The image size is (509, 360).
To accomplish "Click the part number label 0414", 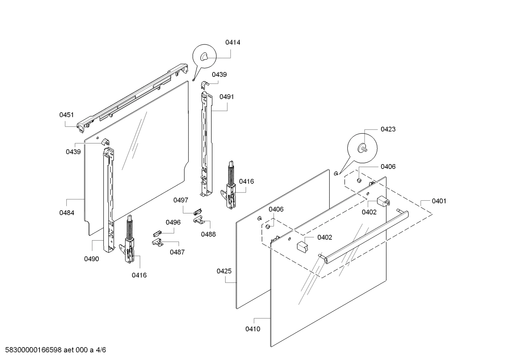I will click(x=233, y=42).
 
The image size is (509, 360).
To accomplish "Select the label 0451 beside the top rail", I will click(x=66, y=114).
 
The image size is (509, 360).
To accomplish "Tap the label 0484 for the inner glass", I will click(x=67, y=213).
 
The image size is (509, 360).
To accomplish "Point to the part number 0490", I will click(x=91, y=259).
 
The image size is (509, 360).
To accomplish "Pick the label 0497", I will click(x=180, y=200).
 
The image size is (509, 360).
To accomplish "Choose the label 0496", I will click(x=173, y=222).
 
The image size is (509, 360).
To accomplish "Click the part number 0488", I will click(x=208, y=234).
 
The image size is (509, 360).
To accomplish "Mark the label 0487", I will click(x=177, y=252).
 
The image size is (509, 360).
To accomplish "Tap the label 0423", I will click(x=388, y=129).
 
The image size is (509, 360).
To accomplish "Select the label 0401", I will click(x=439, y=201).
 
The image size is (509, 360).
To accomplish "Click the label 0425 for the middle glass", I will click(x=224, y=271).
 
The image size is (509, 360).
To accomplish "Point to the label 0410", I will click(x=253, y=329).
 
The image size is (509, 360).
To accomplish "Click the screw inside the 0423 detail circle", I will click(x=363, y=148).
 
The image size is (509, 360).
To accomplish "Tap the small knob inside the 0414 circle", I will click(x=204, y=57).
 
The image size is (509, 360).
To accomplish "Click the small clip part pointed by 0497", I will click(x=197, y=212).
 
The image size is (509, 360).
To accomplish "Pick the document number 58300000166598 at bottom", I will click(x=31, y=350).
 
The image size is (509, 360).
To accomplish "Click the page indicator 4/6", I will click(x=101, y=350).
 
